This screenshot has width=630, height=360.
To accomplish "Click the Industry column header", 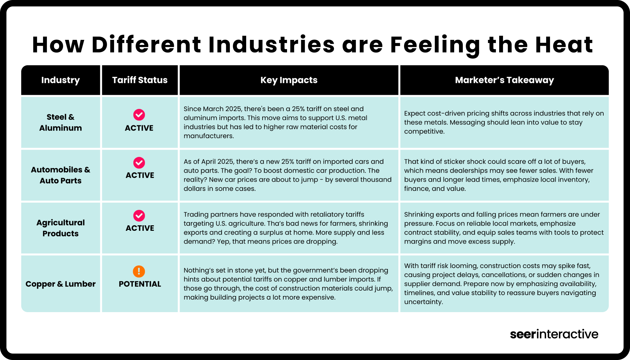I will (x=60, y=80).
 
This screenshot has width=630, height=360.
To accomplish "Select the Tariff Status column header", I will (x=140, y=80).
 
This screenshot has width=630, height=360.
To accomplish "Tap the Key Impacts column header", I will (x=289, y=80).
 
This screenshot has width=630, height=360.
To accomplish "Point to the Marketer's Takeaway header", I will (x=504, y=80).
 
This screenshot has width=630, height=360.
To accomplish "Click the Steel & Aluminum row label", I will (x=60, y=122).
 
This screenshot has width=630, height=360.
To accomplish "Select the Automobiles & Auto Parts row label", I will (x=60, y=175).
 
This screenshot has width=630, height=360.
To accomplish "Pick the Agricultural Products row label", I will (x=60, y=228).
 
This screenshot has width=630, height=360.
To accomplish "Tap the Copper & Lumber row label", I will (x=60, y=284).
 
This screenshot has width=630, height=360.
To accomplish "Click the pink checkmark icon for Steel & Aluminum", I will (x=139, y=115).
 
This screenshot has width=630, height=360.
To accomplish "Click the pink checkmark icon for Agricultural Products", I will (x=139, y=216).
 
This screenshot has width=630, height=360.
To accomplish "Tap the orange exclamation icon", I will (x=139, y=271).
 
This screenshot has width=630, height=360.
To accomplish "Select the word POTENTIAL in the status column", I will (x=140, y=284).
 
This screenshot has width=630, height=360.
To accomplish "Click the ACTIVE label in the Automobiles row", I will (x=140, y=175).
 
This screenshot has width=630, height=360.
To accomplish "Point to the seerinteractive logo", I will (x=554, y=334).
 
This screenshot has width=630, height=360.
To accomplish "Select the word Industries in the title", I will (x=272, y=45).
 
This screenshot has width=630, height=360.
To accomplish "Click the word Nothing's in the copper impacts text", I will (x=198, y=270).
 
